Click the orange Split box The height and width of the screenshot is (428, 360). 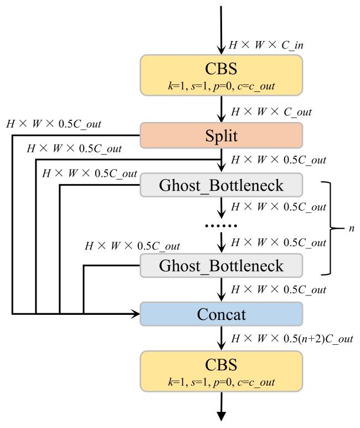[222, 135]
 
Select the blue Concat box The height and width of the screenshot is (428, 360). [222, 314]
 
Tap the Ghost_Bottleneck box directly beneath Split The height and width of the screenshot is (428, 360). [222, 185]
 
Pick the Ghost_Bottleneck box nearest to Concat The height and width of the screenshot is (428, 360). [222, 265]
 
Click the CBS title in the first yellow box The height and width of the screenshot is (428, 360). [222, 69]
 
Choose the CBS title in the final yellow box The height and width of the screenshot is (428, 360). [222, 365]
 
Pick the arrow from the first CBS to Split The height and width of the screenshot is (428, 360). [222, 111]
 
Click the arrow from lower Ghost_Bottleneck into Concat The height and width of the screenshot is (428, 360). [222, 289]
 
